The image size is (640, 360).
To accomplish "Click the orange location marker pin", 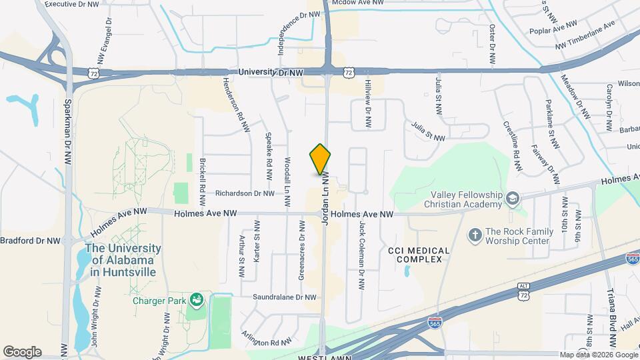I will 321,159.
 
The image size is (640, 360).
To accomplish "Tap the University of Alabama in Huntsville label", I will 123,260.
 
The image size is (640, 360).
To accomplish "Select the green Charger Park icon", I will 196,301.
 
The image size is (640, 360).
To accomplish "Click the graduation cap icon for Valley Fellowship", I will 511,199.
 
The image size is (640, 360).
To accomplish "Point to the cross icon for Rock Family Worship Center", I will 475,235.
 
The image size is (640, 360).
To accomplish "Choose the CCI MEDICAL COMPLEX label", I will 419,255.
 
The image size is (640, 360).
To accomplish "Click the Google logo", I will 22,352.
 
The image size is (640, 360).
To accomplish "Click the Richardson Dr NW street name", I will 245,193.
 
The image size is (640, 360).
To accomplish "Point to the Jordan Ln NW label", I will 327,199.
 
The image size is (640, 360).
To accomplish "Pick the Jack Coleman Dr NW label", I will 362,256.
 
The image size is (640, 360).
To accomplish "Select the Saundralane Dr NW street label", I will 283,297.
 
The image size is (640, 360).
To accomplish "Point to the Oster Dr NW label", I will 492,44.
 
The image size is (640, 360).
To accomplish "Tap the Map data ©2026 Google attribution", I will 598,355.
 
